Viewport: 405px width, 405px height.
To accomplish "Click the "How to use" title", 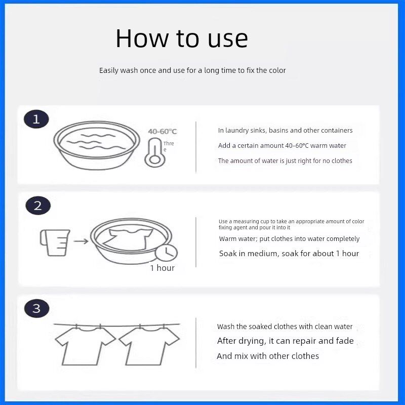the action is (x=182, y=38).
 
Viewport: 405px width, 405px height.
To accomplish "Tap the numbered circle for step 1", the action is (x=36, y=119).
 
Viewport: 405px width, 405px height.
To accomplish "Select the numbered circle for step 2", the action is (x=38, y=206).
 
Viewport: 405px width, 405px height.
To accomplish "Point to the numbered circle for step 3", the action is (x=36, y=308).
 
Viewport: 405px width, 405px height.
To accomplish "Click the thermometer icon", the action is (x=154, y=152).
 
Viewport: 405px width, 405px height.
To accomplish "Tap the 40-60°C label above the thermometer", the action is (x=163, y=132).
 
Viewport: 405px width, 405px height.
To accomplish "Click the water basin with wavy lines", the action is (x=97, y=145).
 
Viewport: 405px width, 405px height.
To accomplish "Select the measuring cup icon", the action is (x=55, y=242).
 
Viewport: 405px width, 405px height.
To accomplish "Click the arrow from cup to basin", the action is (x=81, y=241).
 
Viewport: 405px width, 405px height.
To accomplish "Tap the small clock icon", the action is (x=167, y=253).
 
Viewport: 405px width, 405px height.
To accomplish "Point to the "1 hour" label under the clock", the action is (x=163, y=268).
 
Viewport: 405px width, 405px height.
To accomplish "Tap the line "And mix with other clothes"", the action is (x=268, y=356).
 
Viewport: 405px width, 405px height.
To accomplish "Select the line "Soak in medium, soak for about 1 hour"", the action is (x=289, y=254).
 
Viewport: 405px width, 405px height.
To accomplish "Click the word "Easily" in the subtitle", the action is (x=109, y=70).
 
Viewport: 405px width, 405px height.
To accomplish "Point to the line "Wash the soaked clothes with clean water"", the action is (x=285, y=327).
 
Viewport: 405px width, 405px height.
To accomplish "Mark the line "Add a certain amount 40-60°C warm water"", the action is (x=282, y=145).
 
